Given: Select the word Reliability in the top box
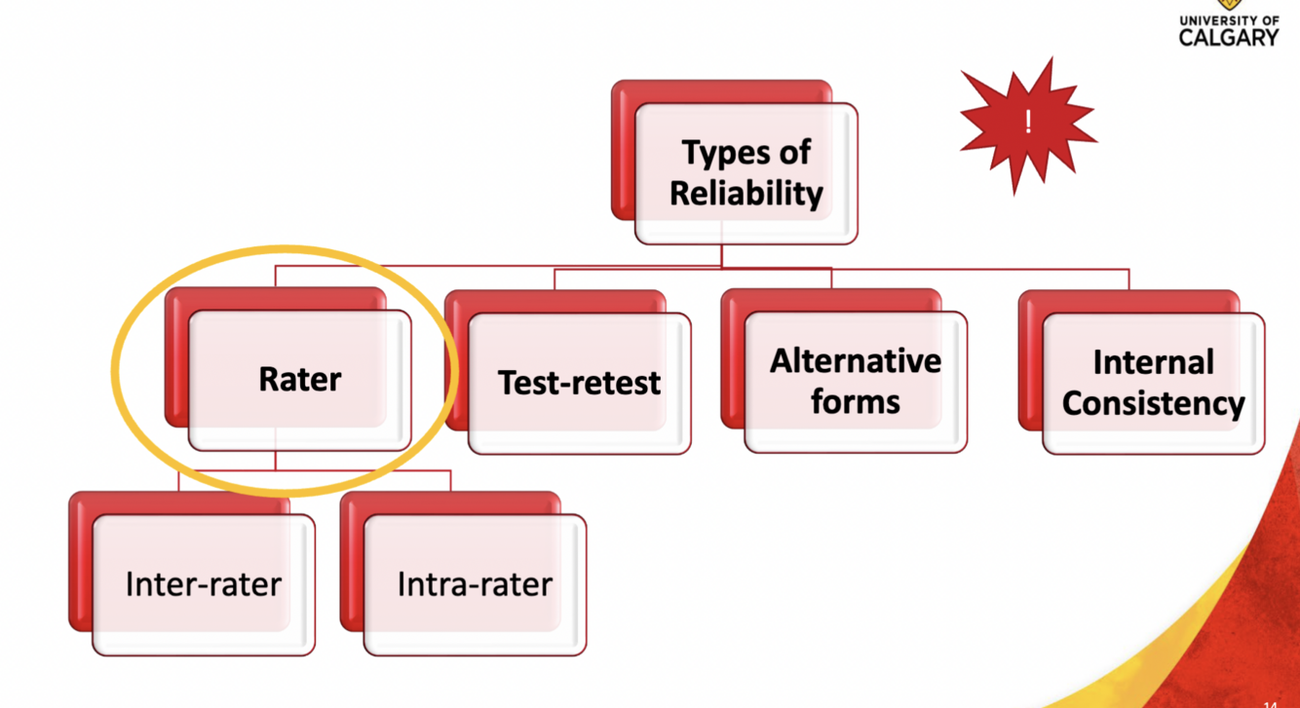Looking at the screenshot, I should coord(746,193).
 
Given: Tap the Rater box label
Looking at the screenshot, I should coord(300,379).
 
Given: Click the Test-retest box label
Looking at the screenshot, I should coord(579,383).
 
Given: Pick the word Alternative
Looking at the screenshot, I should coord(855,361).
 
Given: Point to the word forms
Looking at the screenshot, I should coord(855,401).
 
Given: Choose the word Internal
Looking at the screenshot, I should coord(1153,362).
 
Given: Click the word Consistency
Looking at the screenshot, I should coord(1153,403).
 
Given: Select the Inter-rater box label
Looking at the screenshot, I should coord(203,584).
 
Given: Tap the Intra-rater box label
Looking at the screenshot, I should coord(475,584).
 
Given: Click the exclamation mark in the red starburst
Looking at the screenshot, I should coord(1027,123).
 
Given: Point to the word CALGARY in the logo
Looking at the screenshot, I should coord(1229,37).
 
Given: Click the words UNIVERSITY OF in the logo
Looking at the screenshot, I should coord(1229,19).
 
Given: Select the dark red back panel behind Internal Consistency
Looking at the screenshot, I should coord(1031,370).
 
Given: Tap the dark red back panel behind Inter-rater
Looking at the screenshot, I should coord(80,565).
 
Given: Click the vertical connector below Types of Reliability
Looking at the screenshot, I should coord(721,255).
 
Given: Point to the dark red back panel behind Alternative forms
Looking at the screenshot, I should coord(733,370).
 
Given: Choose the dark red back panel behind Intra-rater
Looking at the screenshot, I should coord(352,565).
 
